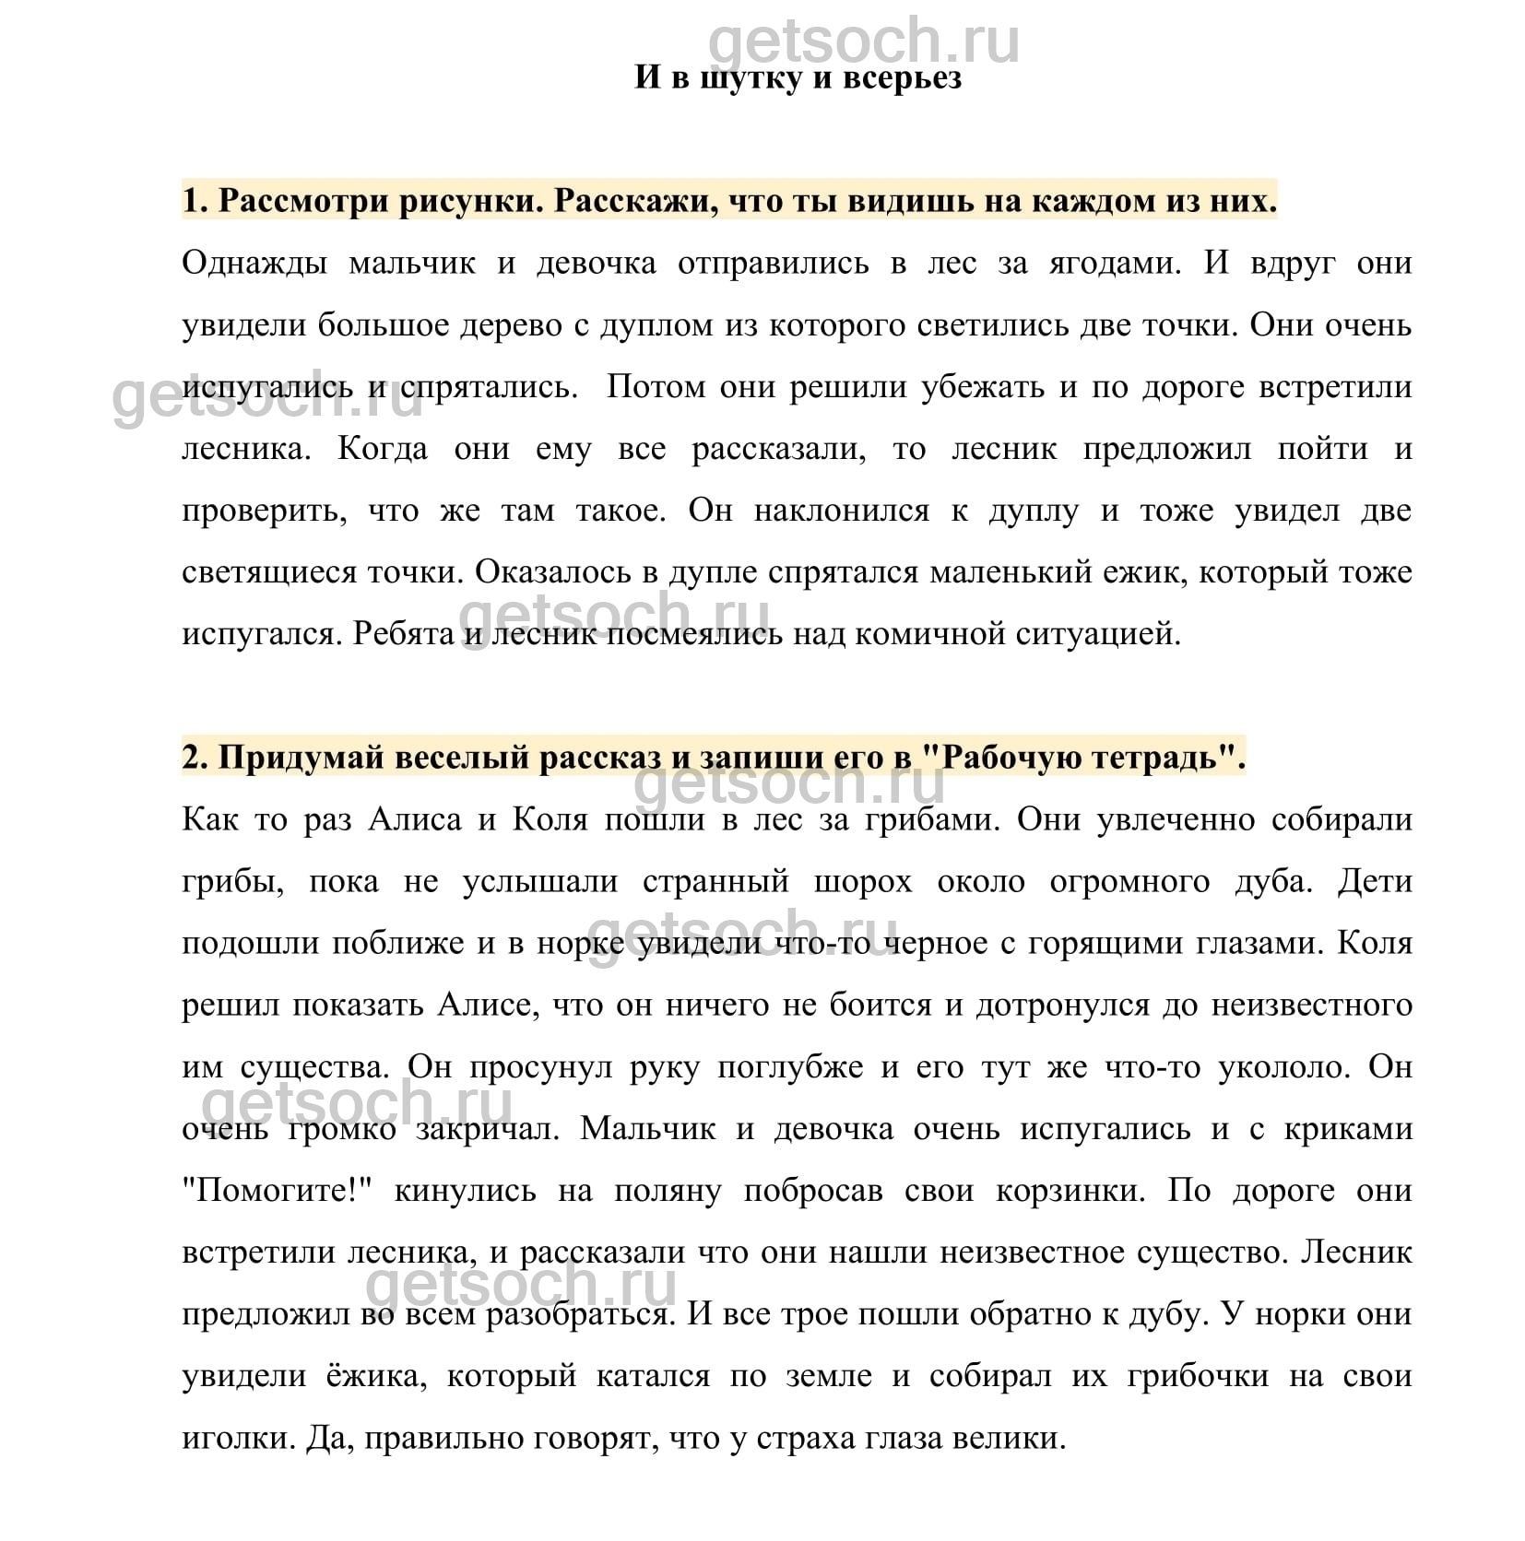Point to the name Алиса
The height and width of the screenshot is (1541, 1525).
click(x=414, y=819)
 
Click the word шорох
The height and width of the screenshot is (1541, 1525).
click(x=863, y=882)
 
